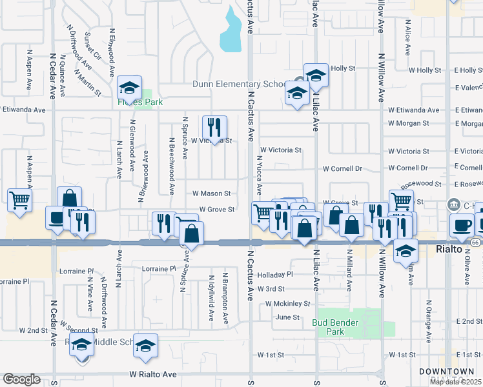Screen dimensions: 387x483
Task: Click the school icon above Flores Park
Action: click(130, 87)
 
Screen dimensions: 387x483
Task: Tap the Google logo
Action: click(22, 379)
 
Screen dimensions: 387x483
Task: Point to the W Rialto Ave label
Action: click(152, 374)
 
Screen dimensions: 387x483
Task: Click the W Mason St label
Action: click(211, 193)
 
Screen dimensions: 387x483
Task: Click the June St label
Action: click(287, 317)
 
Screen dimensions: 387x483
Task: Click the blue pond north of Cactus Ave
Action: click(231, 30)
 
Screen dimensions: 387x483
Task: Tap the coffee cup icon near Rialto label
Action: click(462, 225)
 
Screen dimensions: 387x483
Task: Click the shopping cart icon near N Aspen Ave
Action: click(20, 200)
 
